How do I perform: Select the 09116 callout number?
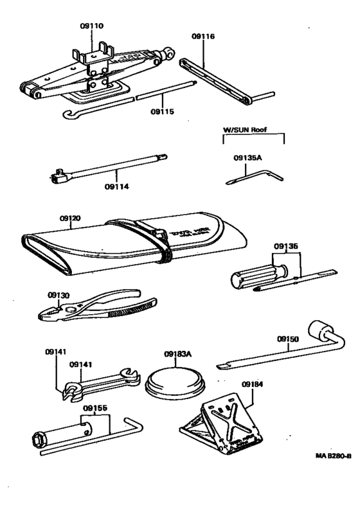click(x=203, y=37)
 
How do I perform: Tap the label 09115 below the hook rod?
click(x=163, y=111)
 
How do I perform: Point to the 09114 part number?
click(x=116, y=187)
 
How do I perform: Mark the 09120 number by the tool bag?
click(x=71, y=219)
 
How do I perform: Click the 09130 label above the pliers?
click(x=59, y=295)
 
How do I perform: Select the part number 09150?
click(x=289, y=338)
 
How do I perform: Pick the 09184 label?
click(x=253, y=384)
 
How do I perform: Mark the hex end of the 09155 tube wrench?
click(x=38, y=439)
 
